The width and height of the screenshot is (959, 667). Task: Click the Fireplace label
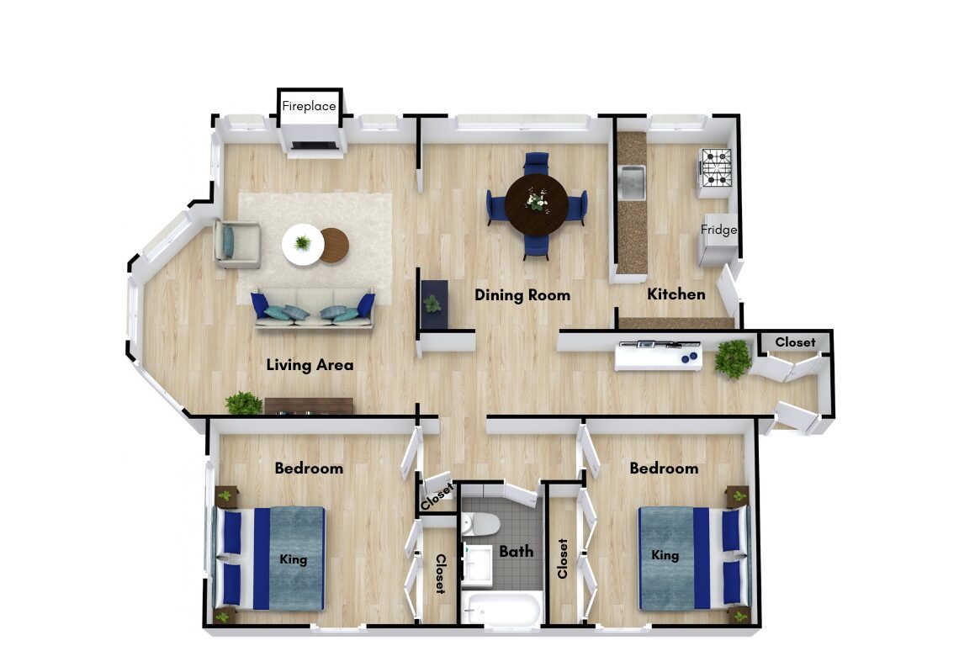(x=309, y=106)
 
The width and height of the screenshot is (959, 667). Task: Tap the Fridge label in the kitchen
(x=718, y=230)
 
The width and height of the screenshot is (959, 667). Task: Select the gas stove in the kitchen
(x=716, y=167)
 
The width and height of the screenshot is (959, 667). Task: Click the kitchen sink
(x=631, y=183)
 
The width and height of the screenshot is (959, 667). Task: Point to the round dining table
(x=537, y=204)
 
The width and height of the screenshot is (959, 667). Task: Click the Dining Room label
(x=522, y=295)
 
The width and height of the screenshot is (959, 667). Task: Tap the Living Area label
(x=310, y=365)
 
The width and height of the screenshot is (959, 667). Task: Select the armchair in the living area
(x=236, y=244)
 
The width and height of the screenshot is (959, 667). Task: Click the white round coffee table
(x=302, y=244)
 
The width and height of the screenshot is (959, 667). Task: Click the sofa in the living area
(x=313, y=309)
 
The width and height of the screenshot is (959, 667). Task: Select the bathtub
(x=501, y=608)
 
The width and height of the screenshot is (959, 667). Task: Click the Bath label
(x=517, y=552)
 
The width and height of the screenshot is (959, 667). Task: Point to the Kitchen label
(x=676, y=294)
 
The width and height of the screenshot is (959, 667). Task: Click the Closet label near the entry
(x=795, y=342)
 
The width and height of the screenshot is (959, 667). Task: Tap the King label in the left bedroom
(x=293, y=558)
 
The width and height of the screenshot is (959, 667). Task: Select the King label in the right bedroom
(x=665, y=555)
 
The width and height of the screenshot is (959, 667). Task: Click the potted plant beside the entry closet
(x=732, y=358)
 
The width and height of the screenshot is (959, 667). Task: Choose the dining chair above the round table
(x=537, y=162)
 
